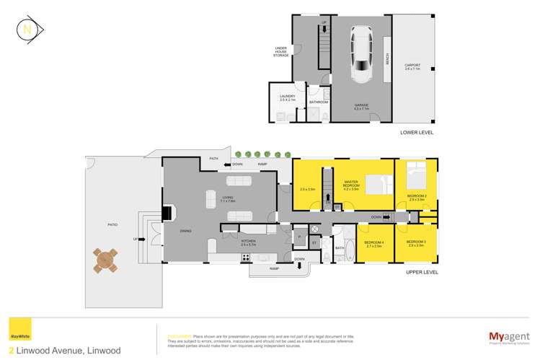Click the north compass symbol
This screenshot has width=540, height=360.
pyautogui.click(x=27, y=30)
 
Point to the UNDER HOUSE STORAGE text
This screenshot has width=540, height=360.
pyautogui.click(x=281, y=51)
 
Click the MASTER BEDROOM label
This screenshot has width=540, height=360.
pyautogui.click(x=351, y=185)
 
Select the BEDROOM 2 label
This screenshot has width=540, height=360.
pyautogui.click(x=416, y=196)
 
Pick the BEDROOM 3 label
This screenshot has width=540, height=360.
pyautogui.click(x=415, y=243)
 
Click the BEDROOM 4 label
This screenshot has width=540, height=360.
pyautogui.click(x=373, y=243)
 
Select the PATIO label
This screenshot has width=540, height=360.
pyautogui.click(x=112, y=225)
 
